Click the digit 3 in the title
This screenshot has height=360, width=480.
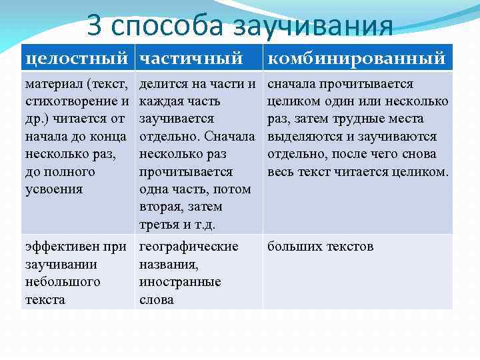click(x=96, y=27)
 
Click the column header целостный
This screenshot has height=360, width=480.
click(x=76, y=59)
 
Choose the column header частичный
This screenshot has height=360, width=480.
click(x=191, y=59)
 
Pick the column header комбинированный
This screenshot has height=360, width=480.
click(x=356, y=59)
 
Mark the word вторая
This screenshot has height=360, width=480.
click(x=162, y=207)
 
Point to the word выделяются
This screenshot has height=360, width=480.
click(x=301, y=137)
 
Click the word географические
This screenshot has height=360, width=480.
click(x=188, y=247)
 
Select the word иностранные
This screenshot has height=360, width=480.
click(x=179, y=282)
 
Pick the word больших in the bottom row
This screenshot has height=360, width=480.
click(x=291, y=247)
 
